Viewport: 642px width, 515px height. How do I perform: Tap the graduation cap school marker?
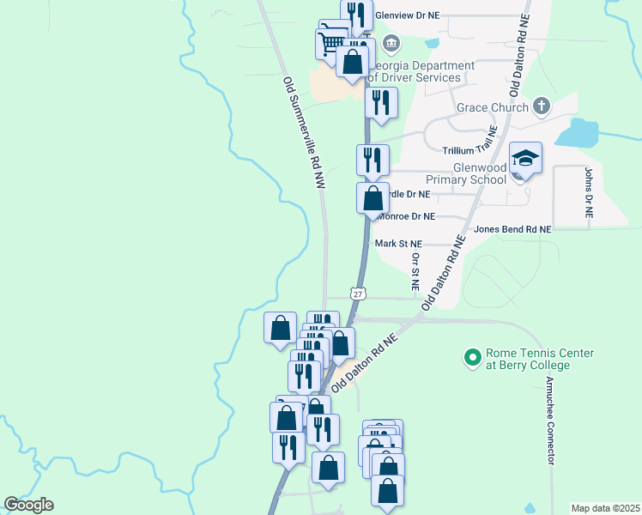525,159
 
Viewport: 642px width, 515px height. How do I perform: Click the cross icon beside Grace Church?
541,106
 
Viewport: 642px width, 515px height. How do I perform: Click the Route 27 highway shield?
358,294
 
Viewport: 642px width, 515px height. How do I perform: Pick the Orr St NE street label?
415,270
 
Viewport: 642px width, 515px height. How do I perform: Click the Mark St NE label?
399,244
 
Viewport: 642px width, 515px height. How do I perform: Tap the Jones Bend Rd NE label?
512,229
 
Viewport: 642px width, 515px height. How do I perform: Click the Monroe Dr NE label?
407,216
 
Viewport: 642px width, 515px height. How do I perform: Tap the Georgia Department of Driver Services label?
421,71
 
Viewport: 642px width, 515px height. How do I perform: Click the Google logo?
28,505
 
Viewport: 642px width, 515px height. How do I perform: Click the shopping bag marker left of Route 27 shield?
281,328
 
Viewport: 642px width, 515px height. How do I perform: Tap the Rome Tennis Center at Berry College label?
527,359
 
